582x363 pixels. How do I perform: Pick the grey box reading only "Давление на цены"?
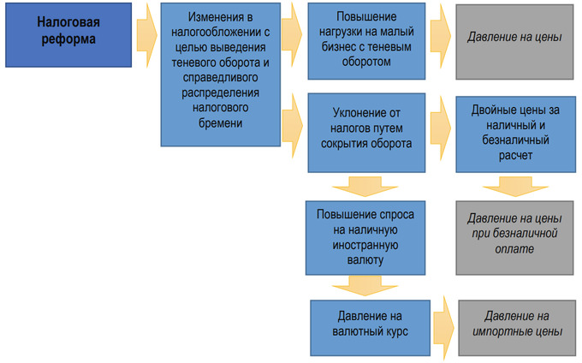click(514, 39)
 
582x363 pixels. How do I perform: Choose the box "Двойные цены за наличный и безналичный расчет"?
click(514, 133)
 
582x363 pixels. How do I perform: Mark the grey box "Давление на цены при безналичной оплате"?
click(514, 234)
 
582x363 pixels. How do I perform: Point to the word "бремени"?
click(222, 123)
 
